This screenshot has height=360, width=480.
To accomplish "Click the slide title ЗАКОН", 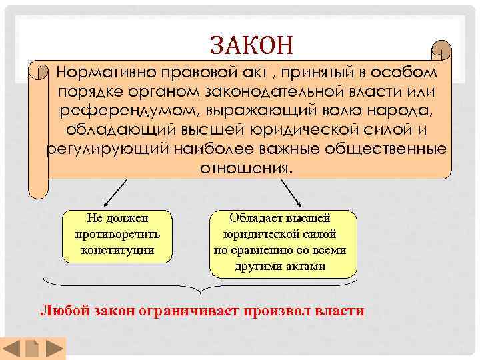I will coord(251,45).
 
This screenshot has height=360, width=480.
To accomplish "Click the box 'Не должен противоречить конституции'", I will coord(117,235).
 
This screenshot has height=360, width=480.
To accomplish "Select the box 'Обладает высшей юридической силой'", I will coord(283,243).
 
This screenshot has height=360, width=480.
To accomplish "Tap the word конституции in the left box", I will coord(117,250).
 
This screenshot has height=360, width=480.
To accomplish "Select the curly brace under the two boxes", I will coord(201,287).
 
